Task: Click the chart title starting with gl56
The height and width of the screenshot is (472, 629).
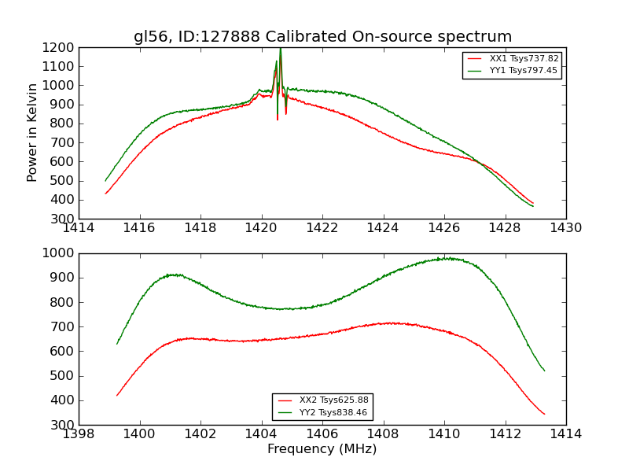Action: (322, 37)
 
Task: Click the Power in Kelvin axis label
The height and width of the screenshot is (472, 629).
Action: (32, 132)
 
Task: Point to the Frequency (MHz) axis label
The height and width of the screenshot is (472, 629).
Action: (322, 449)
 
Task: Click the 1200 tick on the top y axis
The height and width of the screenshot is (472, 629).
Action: (60, 47)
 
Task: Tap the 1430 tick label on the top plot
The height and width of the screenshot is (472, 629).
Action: (566, 228)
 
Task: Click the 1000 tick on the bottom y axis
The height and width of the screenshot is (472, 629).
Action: (60, 253)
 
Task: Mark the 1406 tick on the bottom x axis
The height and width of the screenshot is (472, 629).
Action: (322, 434)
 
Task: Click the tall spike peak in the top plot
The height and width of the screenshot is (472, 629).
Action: (280, 50)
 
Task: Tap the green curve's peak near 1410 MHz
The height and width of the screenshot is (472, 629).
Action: (447, 258)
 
